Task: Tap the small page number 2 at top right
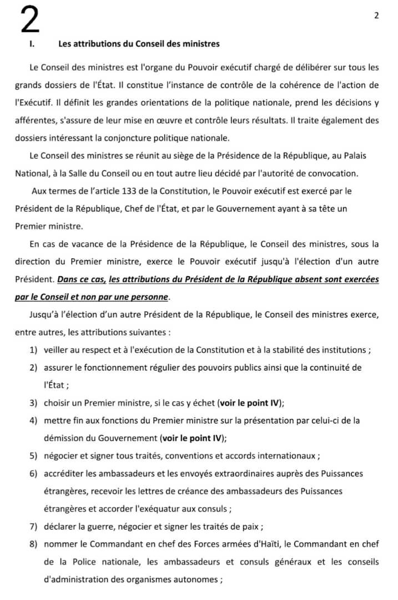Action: tap(376, 16)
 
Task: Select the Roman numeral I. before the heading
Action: tap(32, 44)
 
